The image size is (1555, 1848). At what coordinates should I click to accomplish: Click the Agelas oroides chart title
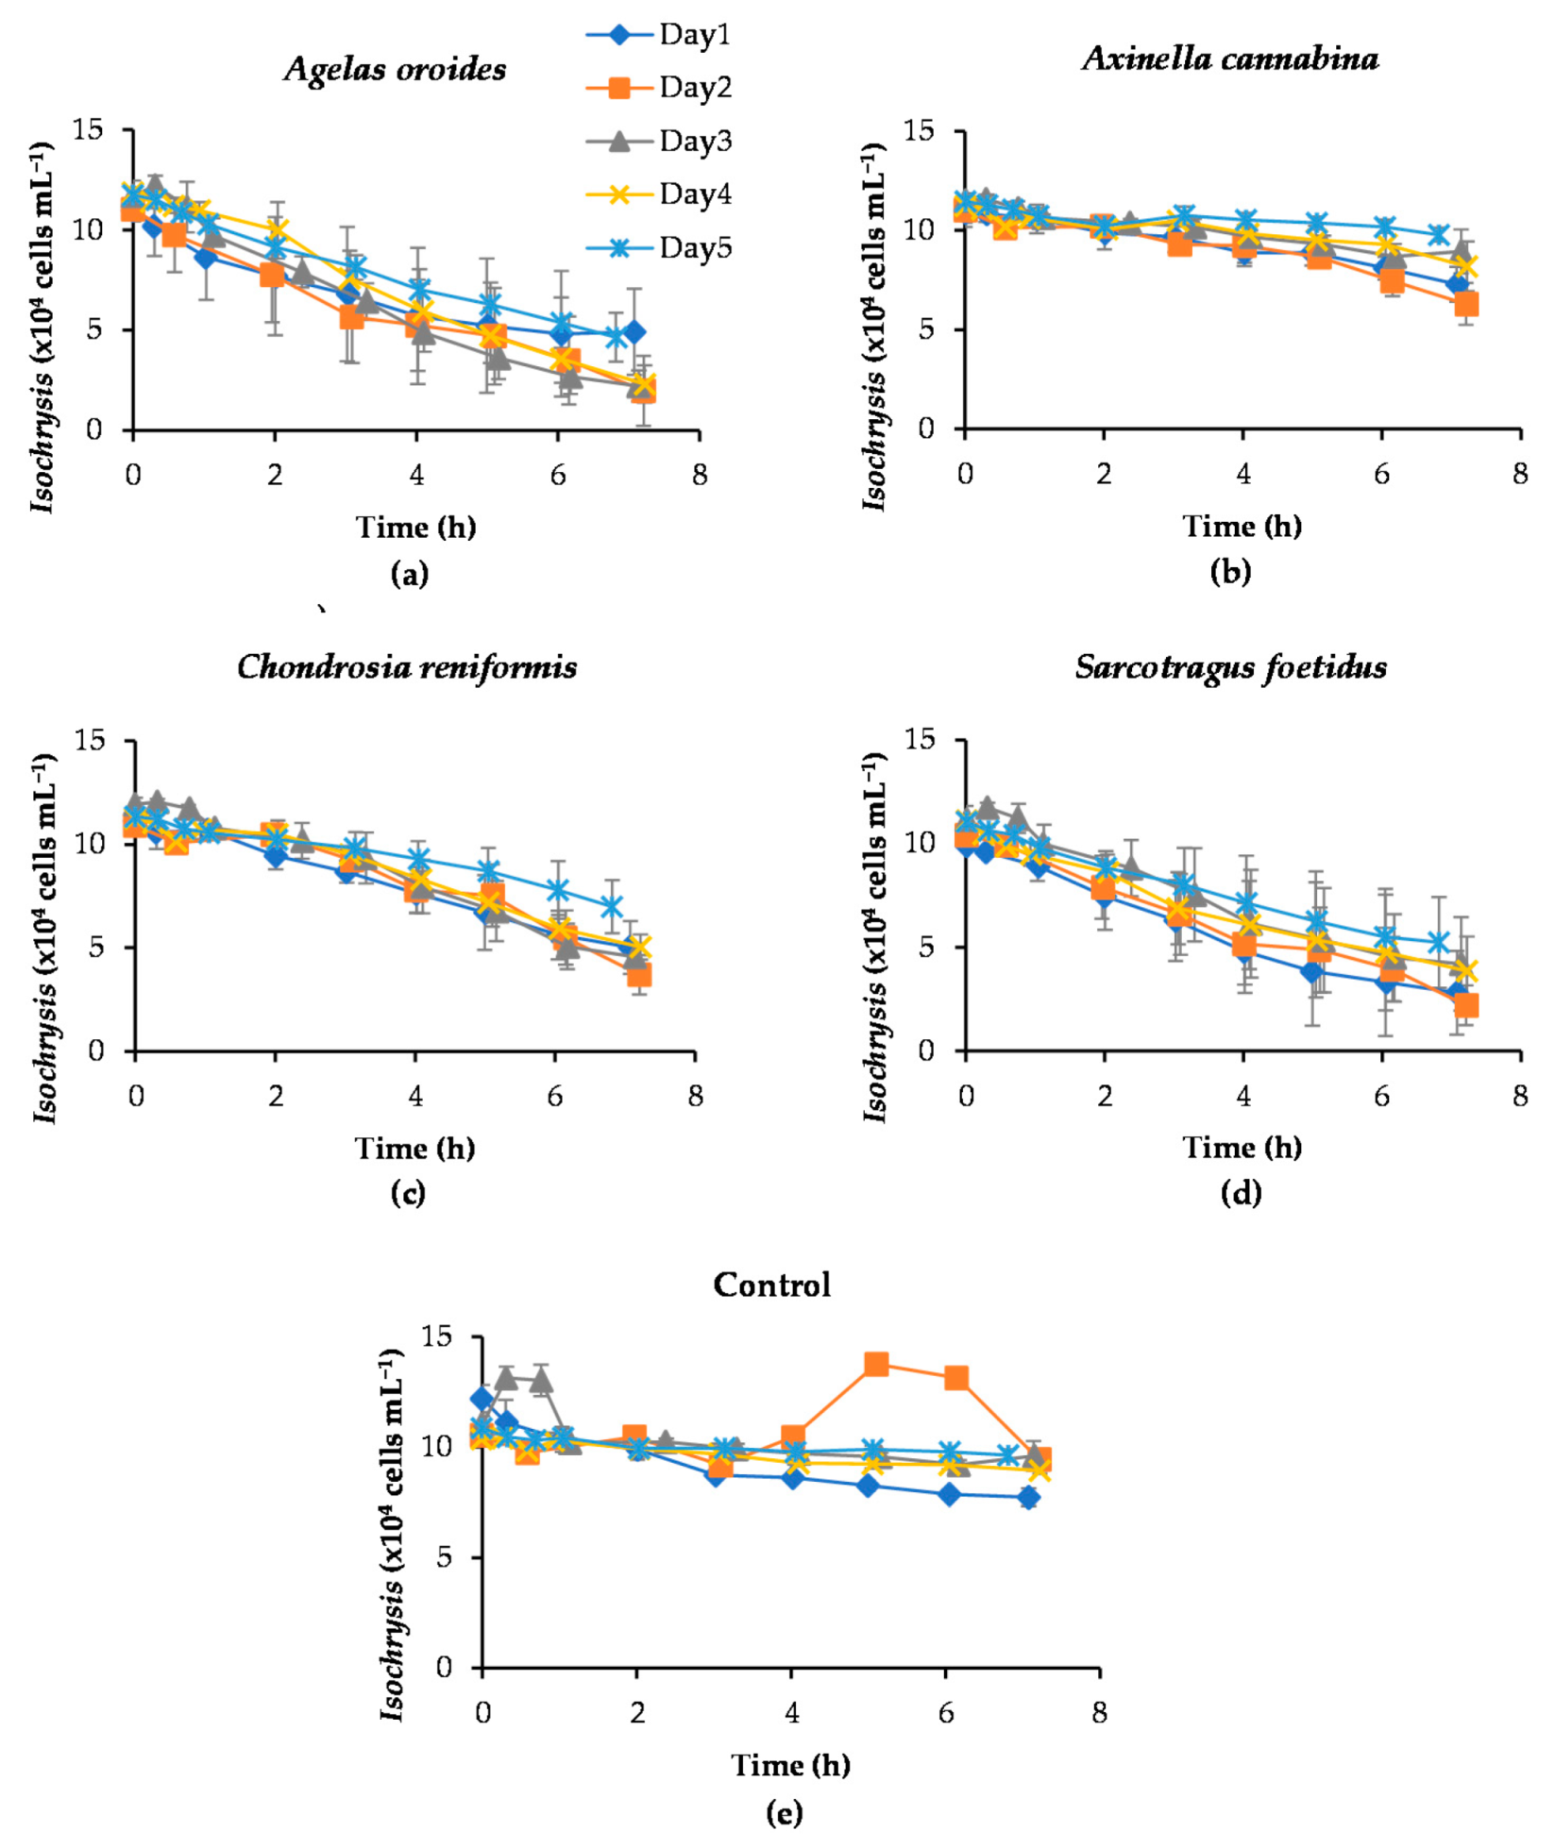pyautogui.click(x=396, y=69)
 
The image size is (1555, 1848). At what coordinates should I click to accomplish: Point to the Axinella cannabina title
pyautogui.click(x=1230, y=59)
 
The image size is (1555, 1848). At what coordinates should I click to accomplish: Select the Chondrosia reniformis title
pyautogui.click(x=407, y=667)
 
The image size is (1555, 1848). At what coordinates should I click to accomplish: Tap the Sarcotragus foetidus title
pyautogui.click(x=1231, y=667)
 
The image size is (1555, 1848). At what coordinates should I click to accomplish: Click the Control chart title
pyautogui.click(x=771, y=1285)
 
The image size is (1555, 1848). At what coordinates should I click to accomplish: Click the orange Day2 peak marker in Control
pyautogui.click(x=876, y=1363)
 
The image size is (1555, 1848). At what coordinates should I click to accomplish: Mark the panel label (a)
pyautogui.click(x=409, y=573)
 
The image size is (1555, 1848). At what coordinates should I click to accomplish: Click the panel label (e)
pyautogui.click(x=785, y=1811)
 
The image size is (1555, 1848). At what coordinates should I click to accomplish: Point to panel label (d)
pyautogui.click(x=1241, y=1193)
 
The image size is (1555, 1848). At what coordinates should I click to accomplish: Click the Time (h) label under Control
pyautogui.click(x=790, y=1764)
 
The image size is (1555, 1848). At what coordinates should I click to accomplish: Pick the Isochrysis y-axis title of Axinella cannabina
pyautogui.click(x=873, y=326)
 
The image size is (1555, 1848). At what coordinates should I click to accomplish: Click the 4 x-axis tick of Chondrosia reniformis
pyautogui.click(x=415, y=1097)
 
